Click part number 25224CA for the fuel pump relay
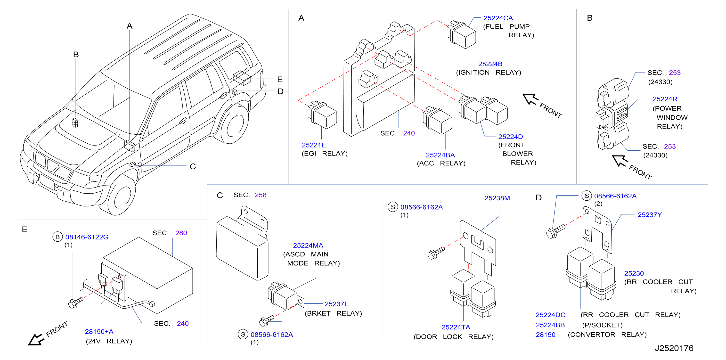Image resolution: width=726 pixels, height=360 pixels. (498, 18)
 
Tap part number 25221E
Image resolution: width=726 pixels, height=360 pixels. (314, 145)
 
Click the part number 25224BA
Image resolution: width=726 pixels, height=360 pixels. (440, 155)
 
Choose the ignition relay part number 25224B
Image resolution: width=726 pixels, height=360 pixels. (490, 64)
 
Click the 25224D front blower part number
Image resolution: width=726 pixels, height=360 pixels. (510, 137)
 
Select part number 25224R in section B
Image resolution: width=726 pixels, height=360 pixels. (665, 99)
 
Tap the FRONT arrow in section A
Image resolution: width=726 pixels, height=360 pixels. (530, 99)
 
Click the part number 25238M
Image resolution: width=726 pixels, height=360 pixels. (497, 198)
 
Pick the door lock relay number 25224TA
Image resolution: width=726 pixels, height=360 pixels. (456, 327)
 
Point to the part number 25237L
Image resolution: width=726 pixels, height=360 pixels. (336, 304)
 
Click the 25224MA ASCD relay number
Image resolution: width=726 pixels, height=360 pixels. (308, 245)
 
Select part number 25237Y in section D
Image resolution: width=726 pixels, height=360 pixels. (650, 215)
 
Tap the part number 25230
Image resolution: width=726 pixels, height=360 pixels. (634, 273)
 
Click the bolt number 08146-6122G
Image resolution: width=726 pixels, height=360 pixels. (87, 237)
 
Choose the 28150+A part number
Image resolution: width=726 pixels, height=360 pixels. (99, 332)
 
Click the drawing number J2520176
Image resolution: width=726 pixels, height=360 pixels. (674, 348)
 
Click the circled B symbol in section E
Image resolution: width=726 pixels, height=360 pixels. (57, 237)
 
